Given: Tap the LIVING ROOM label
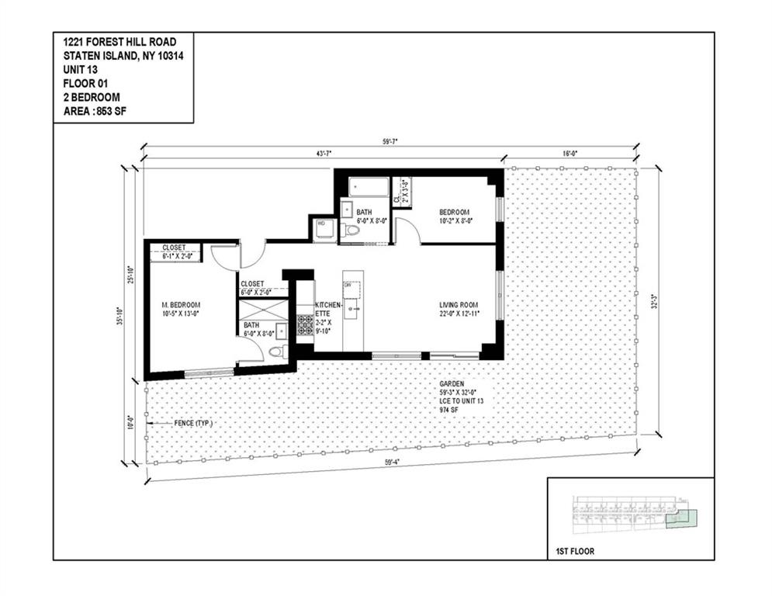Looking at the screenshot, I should (459, 304).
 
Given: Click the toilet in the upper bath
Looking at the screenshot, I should (351, 230).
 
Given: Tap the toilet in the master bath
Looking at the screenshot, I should (274, 352).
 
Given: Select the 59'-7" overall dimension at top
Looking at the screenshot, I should (389, 142).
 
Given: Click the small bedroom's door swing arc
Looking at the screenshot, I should (405, 228).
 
